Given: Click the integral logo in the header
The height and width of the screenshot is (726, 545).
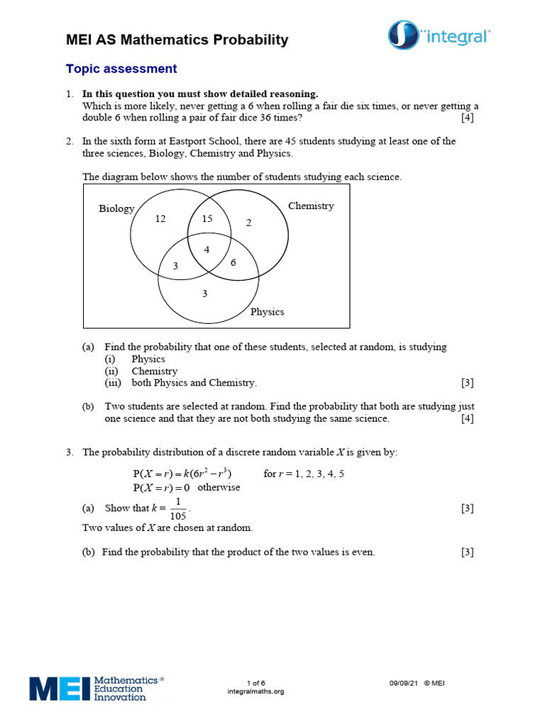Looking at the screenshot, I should (439, 35).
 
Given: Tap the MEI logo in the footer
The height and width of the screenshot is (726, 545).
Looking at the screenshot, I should (97, 688).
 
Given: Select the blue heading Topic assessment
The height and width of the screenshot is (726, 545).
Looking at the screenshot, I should (121, 69).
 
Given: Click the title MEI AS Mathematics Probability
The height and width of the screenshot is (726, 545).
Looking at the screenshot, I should (177, 40).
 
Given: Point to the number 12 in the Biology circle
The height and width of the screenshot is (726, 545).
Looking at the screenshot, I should (160, 219).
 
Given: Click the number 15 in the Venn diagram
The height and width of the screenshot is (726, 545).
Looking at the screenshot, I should (207, 219).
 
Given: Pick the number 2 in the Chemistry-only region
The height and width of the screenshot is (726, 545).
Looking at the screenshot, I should (248, 223).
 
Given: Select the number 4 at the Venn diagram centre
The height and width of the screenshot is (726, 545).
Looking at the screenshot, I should (207, 250).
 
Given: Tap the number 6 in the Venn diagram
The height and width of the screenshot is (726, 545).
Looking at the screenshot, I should (233, 262).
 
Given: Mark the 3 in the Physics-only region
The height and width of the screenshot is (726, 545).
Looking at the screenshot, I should (204, 294).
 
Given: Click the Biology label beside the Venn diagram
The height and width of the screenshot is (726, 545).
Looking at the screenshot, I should (116, 208).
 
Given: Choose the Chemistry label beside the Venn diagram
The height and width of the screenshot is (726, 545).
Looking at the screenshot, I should (311, 206).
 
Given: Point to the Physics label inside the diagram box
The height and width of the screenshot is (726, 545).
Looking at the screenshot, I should (267, 311).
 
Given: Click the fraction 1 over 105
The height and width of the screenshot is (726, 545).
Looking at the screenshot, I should (178, 508).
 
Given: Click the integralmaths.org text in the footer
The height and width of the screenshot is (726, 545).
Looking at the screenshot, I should (255, 691).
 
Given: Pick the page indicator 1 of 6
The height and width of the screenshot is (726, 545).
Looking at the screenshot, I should (255, 683).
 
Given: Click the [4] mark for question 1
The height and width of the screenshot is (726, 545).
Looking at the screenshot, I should (467, 118).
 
